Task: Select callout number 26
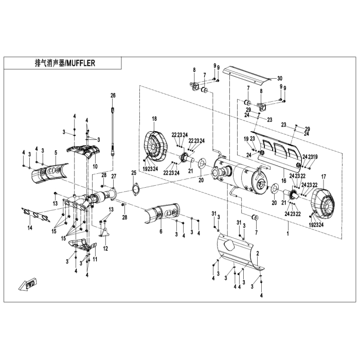[x=113, y=95]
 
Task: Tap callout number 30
[x=280, y=78]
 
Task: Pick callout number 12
[x=105, y=248]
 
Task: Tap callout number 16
[x=283, y=181]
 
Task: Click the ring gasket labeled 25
[x=136, y=189]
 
